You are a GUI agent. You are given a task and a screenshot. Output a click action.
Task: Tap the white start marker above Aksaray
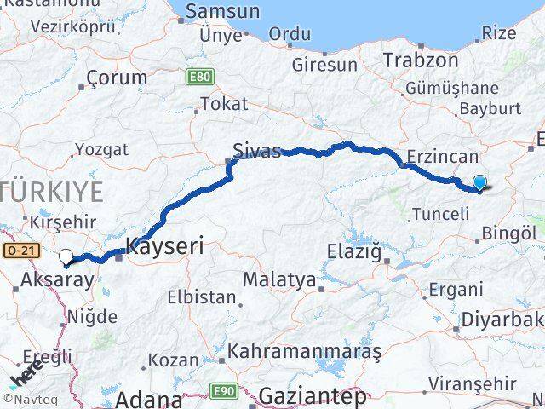click(x=66, y=256)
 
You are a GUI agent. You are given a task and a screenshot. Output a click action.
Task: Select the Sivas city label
click(x=258, y=152)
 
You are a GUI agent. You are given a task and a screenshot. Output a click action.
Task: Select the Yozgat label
click(x=101, y=149)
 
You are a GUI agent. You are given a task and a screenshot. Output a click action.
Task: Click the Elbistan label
click(x=202, y=297)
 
